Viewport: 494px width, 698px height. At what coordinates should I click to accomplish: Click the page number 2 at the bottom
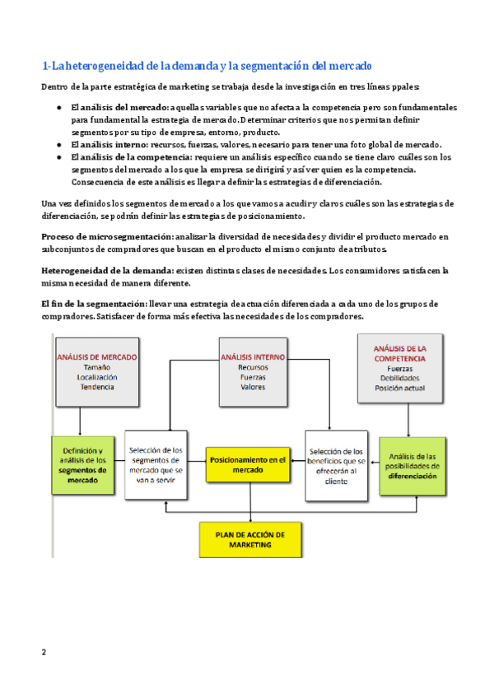44,653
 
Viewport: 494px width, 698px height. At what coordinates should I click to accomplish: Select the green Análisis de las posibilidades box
413,466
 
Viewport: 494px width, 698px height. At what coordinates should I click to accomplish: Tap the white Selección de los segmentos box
156,465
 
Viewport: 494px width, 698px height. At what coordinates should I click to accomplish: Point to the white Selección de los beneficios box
335,465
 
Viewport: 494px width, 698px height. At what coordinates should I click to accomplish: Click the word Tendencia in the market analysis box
97,386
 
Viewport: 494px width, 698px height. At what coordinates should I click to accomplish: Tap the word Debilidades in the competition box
399,379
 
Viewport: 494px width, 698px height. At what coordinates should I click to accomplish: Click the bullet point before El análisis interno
60,143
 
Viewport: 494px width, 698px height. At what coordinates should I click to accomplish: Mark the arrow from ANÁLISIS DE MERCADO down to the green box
80,421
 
